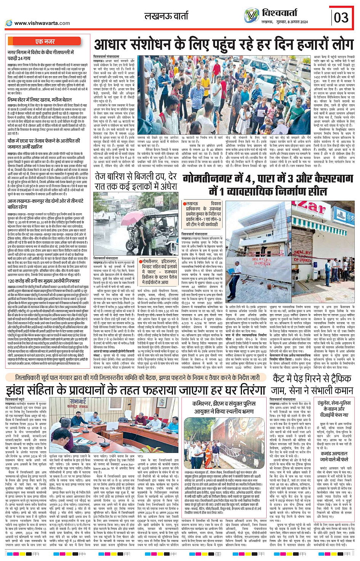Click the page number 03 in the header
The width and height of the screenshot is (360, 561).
pos(341,17)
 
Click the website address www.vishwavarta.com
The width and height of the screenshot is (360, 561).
pos(42,23)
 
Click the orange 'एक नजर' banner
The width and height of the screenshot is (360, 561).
pos(45,41)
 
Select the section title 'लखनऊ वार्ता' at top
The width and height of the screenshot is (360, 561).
pos(166,16)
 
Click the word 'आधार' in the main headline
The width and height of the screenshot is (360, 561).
pos(113,45)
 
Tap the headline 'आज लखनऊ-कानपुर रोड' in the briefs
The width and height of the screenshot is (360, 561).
pos(45,204)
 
